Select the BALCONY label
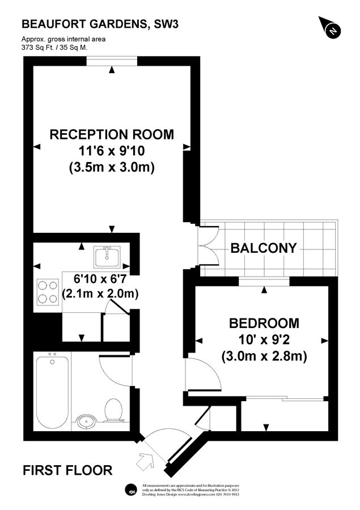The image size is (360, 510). (263, 248)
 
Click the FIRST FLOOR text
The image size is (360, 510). (67, 470)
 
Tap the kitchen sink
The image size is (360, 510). (106, 256)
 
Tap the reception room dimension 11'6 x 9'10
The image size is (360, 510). (112, 151)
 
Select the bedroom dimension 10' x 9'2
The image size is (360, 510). (264, 340)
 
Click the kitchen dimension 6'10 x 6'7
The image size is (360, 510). (103, 279)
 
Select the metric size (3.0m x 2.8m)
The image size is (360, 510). (264, 356)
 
